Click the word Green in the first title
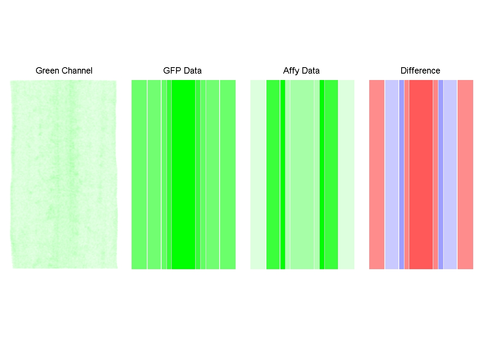coord(46,71)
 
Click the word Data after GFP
coord(192,71)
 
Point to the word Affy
coord(291,71)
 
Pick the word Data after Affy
coord(311,71)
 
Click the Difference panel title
coord(420,71)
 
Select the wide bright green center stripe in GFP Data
coord(183,174)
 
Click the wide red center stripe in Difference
coord(421,174)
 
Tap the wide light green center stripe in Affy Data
coord(302,174)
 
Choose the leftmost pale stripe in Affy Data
coord(258,174)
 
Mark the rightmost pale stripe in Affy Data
coord(346,174)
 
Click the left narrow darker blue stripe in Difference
coord(402,174)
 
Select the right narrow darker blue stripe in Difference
coord(441,174)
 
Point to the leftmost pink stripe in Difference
coord(377,174)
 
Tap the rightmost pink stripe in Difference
coord(465,174)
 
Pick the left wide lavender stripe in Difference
coord(392,174)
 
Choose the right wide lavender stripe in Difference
coord(450,174)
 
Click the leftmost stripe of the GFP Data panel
coord(139,174)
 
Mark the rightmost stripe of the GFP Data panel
coord(228,174)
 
